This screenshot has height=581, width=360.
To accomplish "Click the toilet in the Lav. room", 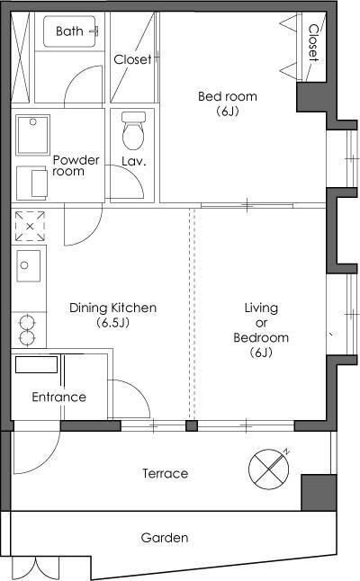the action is (x=133, y=130).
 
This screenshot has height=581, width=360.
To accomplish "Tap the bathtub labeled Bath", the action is (x=69, y=31).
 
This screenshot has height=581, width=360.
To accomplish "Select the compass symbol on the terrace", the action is (x=269, y=469).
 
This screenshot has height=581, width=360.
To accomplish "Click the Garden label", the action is (x=165, y=538).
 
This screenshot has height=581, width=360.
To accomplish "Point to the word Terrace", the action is (x=166, y=473).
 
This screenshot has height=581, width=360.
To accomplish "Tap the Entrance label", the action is (x=58, y=397).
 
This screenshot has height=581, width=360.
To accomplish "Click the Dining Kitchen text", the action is (x=113, y=308).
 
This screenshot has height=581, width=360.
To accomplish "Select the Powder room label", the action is (x=76, y=165).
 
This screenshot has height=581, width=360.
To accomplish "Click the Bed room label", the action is (x=228, y=96).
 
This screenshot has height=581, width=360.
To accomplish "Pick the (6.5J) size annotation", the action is (x=113, y=323).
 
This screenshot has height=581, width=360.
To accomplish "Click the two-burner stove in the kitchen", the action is (x=27, y=329).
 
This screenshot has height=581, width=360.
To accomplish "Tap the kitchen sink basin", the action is (x=28, y=265).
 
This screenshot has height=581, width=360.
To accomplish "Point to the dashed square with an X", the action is (x=30, y=226).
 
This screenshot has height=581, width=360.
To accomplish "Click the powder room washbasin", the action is (x=32, y=135).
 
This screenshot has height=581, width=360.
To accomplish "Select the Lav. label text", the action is (x=134, y=161).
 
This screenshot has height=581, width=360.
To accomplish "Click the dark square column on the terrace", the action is (x=319, y=493).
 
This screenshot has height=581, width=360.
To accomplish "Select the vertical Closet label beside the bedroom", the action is (x=314, y=42).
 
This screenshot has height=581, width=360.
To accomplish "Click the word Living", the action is (x=261, y=308).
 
